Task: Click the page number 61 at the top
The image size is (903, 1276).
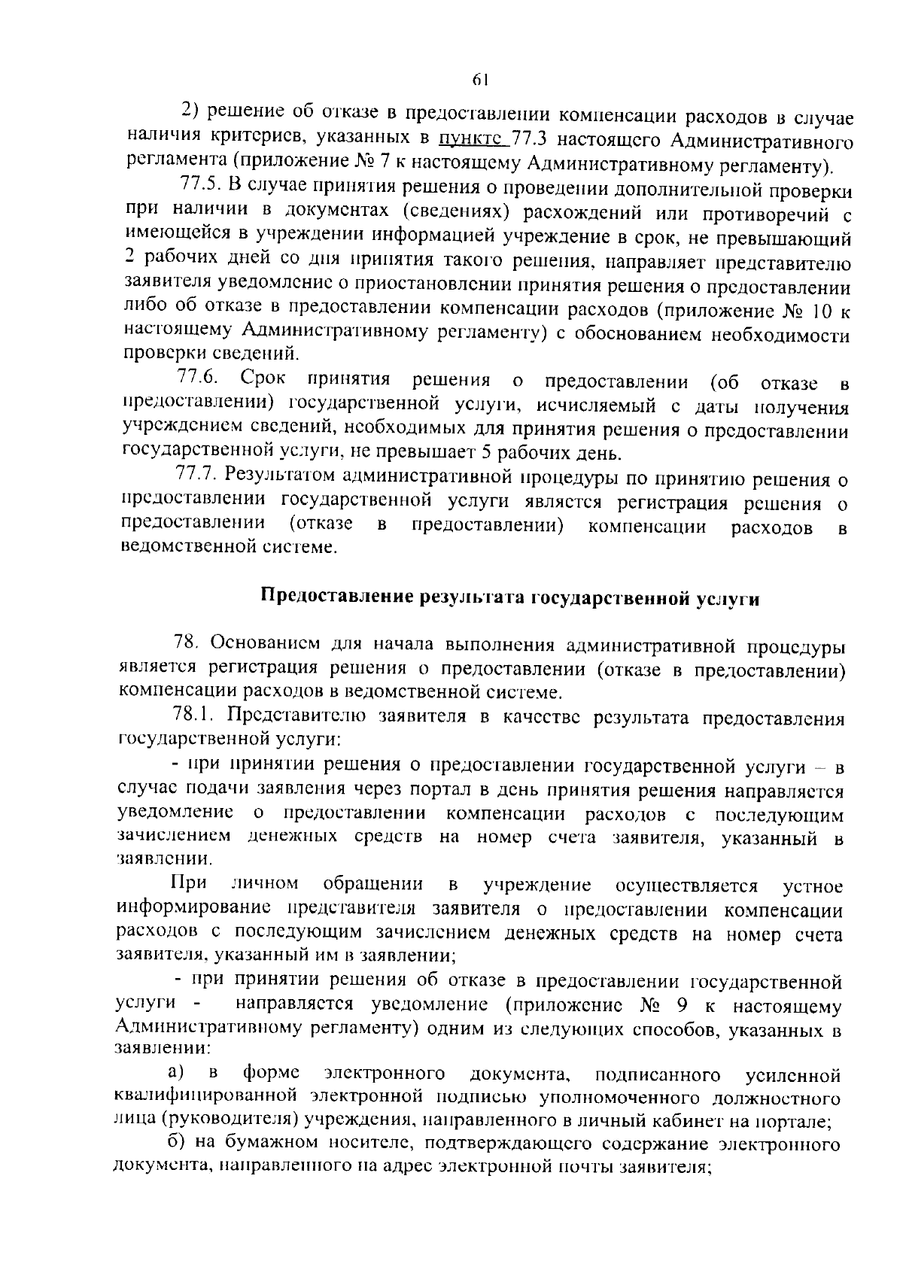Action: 481,80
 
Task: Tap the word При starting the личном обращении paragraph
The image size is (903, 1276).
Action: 184,883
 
